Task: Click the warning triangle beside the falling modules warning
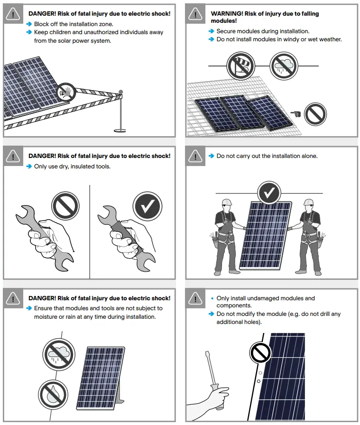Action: coord(195,14)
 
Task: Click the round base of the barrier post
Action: coord(120,129)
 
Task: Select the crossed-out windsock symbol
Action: coord(239,66)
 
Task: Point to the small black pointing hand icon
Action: coord(295,113)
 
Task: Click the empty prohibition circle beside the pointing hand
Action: coord(315,114)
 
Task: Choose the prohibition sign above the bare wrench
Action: coord(65,205)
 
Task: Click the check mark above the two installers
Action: coord(269,193)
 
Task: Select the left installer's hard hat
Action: coord(227,202)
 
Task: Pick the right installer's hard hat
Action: coord(309,202)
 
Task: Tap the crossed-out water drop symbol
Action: coord(51,393)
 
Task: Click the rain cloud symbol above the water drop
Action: coord(59,353)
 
